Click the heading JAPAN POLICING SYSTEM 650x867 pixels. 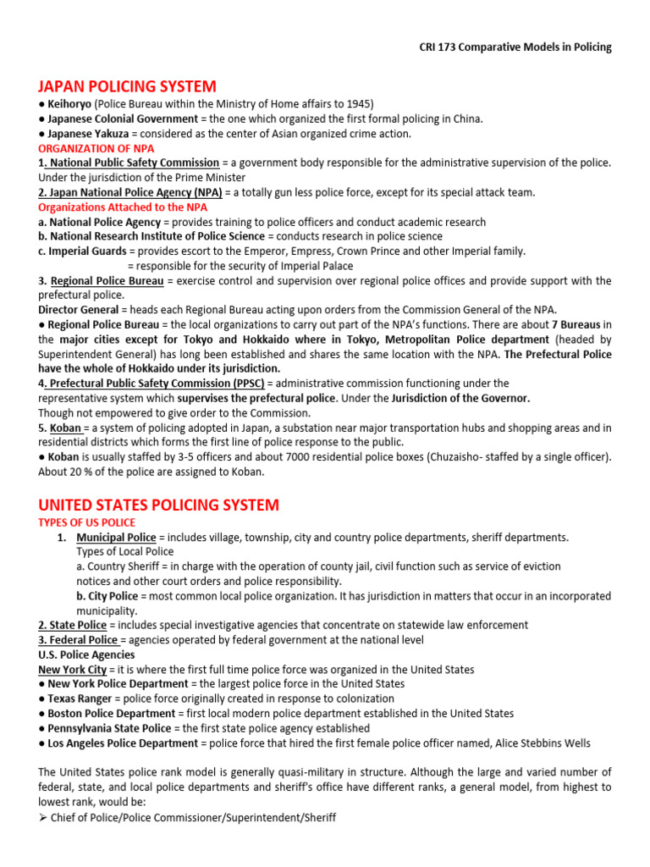click(127, 86)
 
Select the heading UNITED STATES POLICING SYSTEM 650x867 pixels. click(158, 505)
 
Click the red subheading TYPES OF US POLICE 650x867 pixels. click(86, 522)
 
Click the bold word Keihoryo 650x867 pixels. click(69, 104)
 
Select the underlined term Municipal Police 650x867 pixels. click(116, 538)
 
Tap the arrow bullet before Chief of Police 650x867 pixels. click(43, 818)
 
